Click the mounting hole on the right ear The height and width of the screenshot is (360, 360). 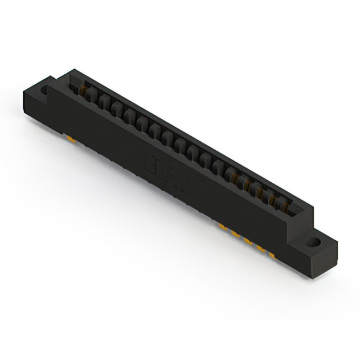pyautogui.click(x=313, y=243)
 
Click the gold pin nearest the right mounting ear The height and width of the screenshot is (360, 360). pyautogui.click(x=272, y=253)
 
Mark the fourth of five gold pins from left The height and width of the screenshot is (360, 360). pyautogui.click(x=260, y=246)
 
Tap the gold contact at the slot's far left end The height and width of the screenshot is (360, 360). pyautogui.click(x=85, y=90)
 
